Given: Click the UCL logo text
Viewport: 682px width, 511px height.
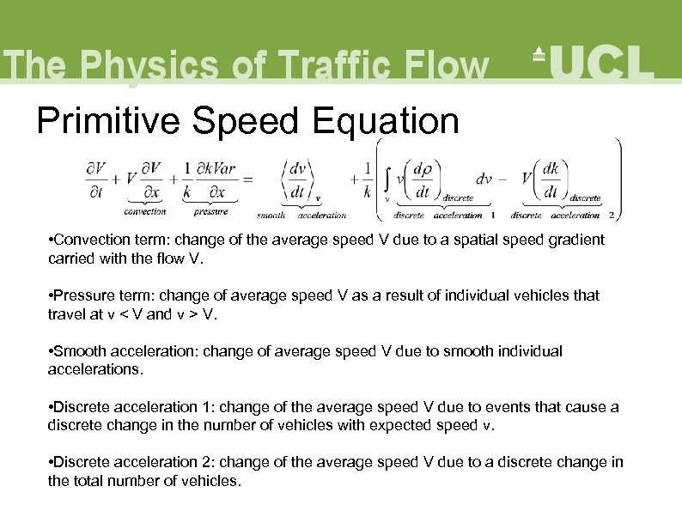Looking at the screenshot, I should click(x=600, y=63).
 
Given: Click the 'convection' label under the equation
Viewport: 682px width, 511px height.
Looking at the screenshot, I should click(x=145, y=212).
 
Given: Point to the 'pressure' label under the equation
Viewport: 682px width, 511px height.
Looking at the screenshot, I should click(x=210, y=212).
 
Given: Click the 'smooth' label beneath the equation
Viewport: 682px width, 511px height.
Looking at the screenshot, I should click(x=271, y=216).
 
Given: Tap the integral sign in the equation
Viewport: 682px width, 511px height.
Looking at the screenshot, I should click(x=388, y=179).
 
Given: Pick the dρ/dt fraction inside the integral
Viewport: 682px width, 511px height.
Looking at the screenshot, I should click(x=423, y=179).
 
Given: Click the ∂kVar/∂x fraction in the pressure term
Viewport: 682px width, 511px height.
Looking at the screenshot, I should click(x=210, y=179).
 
